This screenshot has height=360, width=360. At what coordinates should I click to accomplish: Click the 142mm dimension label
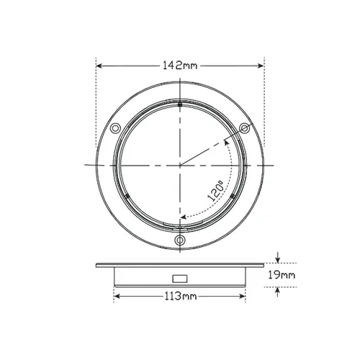pos(179,66)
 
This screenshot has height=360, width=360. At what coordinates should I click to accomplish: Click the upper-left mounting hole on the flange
pos(114,129)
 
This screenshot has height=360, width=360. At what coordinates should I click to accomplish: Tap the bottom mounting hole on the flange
pos(179,240)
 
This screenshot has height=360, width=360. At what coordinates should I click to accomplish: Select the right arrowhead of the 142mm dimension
pos(260,66)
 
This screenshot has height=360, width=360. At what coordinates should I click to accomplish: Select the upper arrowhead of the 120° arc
pos(226,143)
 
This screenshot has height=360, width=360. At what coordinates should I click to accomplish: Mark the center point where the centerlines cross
pos(179,166)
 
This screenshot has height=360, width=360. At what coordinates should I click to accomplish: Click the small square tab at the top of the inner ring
pos(179,105)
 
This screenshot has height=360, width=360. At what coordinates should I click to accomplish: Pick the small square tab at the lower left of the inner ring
pos(127,196)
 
